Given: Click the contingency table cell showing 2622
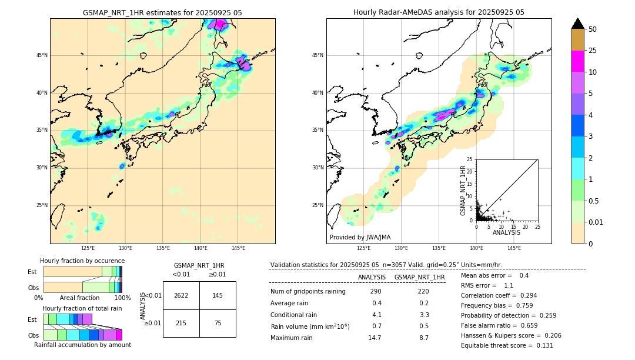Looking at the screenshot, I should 181,295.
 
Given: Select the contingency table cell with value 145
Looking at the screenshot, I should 218,295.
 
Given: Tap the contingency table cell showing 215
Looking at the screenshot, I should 181,324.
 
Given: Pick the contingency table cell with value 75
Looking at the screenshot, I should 218,324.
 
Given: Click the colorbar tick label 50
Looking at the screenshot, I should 593,29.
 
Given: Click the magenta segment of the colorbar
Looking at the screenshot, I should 577,61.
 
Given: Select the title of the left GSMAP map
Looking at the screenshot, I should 162,12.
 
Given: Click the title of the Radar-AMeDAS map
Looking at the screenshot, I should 439,12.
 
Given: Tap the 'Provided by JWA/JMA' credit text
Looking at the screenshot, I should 360,237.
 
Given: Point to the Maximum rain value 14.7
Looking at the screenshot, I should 375,338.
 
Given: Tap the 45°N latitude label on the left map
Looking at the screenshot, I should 42,55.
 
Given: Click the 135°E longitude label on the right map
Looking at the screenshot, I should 439,248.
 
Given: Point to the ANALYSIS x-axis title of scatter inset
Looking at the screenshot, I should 506,232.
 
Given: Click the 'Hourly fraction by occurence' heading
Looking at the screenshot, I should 82,261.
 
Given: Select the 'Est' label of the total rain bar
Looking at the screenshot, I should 32,319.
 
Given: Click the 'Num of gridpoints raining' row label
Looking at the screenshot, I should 308,292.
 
